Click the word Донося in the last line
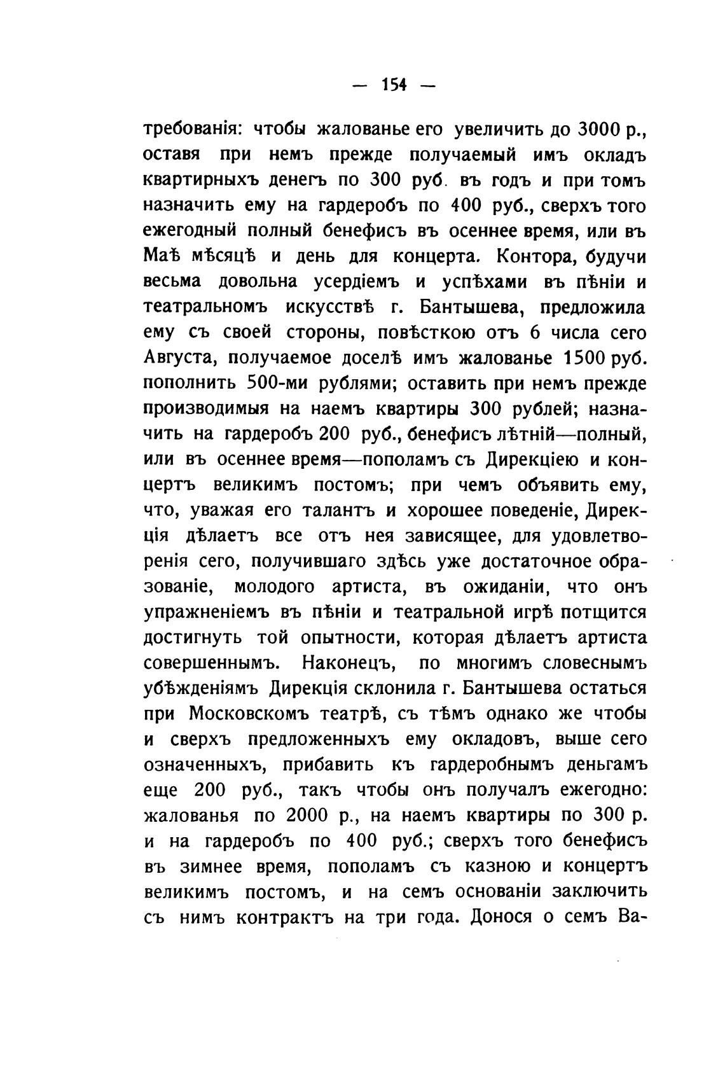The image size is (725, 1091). (x=496, y=917)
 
